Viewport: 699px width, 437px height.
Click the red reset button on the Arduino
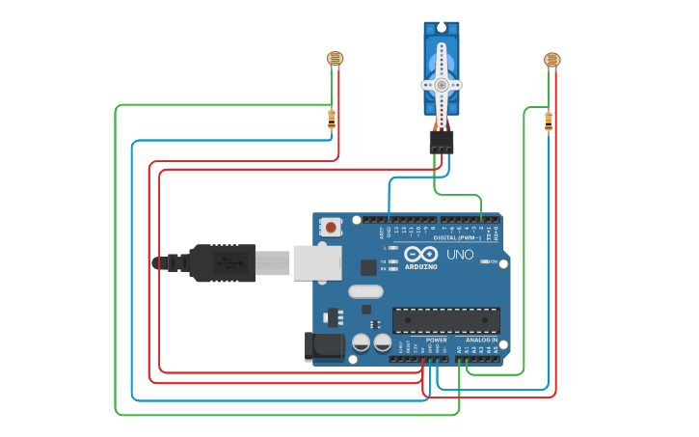click(x=331, y=228)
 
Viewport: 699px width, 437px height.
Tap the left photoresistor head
click(x=335, y=59)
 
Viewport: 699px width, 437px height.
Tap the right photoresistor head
click(x=551, y=60)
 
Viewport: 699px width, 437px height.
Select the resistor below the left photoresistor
click(x=332, y=119)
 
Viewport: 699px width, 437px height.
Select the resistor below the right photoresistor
click(x=549, y=121)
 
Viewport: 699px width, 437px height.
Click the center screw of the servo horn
click(x=442, y=85)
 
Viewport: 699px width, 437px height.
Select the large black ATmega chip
click(x=445, y=320)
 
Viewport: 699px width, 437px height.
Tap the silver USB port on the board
click(x=316, y=262)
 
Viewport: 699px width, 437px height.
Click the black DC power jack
click(x=324, y=347)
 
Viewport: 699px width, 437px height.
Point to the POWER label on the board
click(x=436, y=340)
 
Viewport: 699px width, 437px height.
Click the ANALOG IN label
click(x=481, y=340)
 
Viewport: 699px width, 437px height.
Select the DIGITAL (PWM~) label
click(x=458, y=237)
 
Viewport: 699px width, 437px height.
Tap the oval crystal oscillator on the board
click(x=365, y=291)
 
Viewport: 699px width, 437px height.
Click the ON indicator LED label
click(x=493, y=261)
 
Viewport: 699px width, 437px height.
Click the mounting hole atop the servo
click(x=442, y=30)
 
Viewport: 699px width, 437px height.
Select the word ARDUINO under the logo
click(x=421, y=266)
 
